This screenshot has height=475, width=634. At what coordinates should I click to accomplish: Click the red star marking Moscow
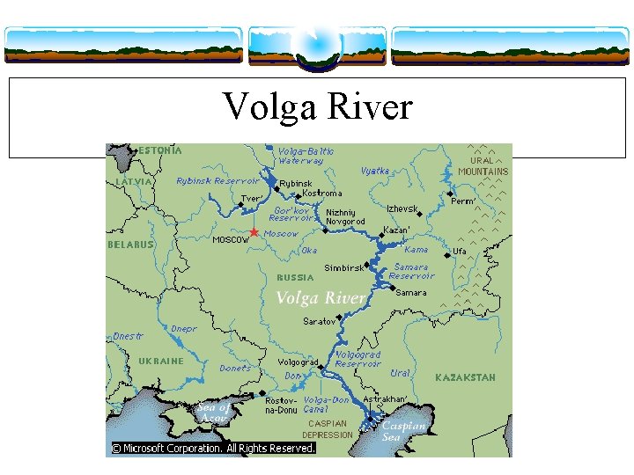[x=254, y=232]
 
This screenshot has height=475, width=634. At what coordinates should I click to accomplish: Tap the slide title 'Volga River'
[x=317, y=107]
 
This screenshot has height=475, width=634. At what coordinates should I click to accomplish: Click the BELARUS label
[x=130, y=245]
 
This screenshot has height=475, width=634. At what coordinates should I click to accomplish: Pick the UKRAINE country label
[x=161, y=361]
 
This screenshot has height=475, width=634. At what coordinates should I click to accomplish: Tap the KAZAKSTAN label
[x=465, y=377]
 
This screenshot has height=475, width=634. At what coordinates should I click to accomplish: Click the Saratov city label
[x=320, y=321]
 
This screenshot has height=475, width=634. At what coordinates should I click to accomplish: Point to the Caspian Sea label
[x=403, y=431]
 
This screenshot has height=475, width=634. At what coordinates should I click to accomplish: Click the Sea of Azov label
[x=212, y=412]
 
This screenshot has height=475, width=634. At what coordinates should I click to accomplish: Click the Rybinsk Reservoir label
[x=217, y=181]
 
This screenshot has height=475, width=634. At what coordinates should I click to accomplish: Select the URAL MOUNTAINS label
[x=483, y=166]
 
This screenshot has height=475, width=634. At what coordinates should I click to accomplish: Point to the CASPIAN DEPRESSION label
[x=328, y=428]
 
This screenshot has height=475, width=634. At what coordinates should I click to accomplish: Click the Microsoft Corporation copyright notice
[x=211, y=448]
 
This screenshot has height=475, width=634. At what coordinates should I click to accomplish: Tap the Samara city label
[x=411, y=292]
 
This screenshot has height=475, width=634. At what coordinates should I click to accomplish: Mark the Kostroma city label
[x=321, y=193]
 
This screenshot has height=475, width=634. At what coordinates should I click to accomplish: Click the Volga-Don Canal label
[x=327, y=405]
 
